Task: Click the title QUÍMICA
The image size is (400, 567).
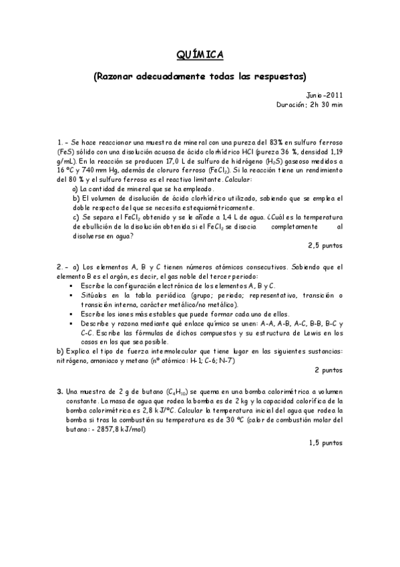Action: (x=200, y=53)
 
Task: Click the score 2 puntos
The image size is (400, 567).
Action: (x=328, y=369)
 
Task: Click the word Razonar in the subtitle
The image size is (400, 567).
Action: (x=118, y=76)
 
